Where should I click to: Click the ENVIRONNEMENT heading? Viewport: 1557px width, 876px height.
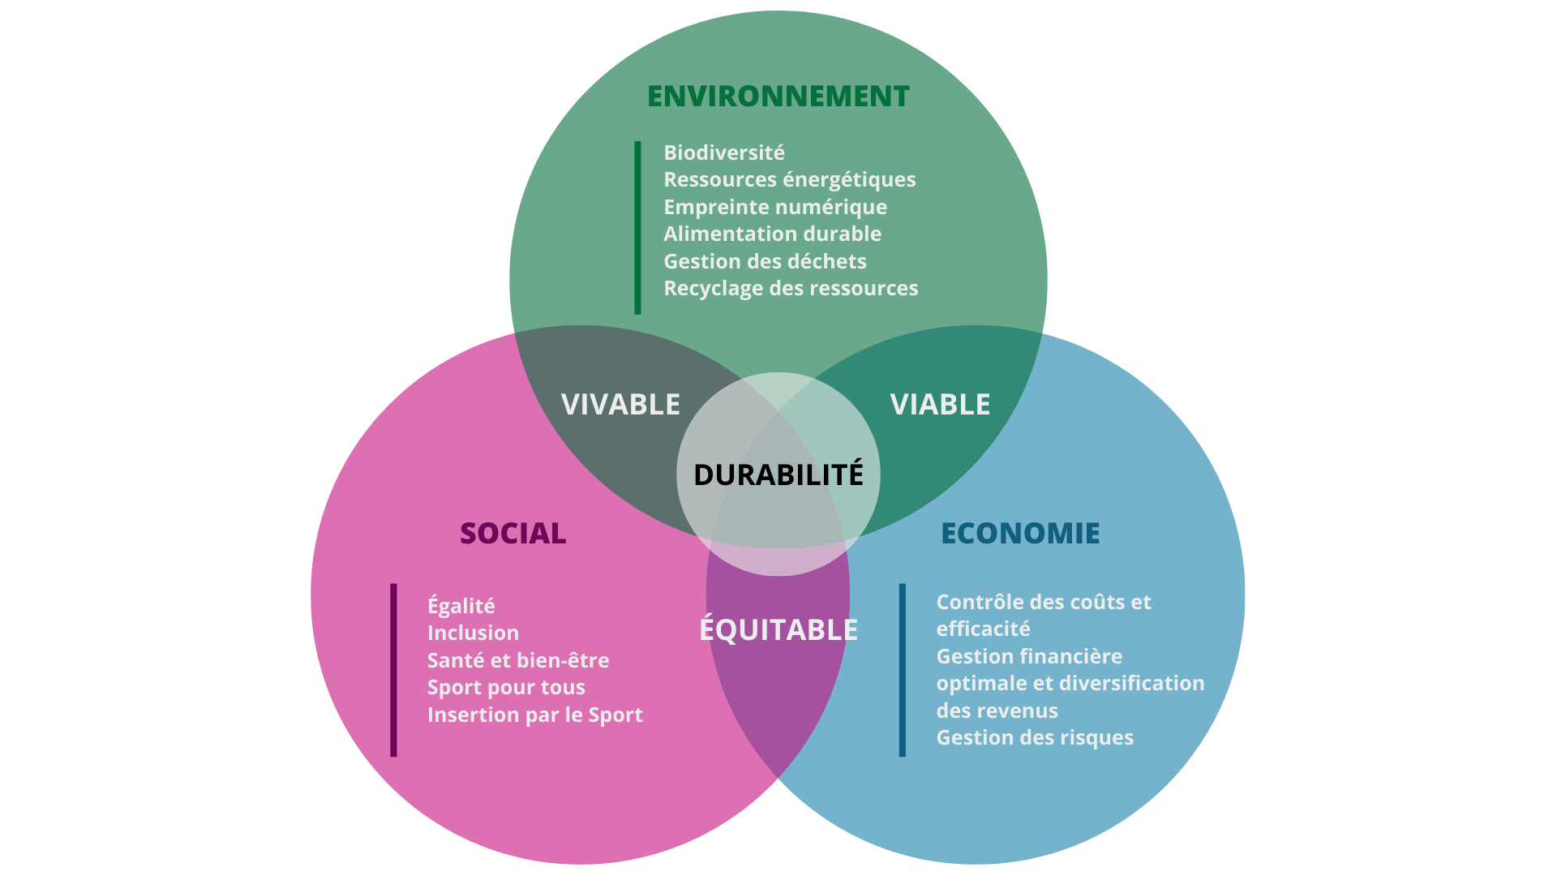(778, 97)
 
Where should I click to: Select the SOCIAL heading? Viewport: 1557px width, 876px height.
(513, 534)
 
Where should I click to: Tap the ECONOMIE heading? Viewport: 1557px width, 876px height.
(1020, 534)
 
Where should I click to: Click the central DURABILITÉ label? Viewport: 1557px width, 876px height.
(778, 475)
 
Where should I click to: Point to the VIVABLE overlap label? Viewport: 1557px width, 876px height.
(620, 405)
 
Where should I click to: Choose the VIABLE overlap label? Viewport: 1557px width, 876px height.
(940, 405)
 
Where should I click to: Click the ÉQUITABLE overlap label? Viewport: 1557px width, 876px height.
(778, 630)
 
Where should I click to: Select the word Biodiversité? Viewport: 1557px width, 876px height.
(724, 153)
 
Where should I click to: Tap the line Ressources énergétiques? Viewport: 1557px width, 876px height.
(789, 180)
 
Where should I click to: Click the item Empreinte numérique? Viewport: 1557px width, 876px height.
(775, 208)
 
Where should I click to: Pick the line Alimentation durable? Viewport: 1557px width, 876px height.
(772, 234)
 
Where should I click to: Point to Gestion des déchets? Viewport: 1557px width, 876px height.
(765, 262)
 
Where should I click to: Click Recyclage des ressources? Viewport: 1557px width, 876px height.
(791, 289)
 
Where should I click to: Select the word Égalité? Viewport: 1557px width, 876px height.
(461, 606)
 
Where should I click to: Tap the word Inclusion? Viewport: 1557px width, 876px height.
(473, 633)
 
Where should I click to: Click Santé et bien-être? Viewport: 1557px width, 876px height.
(517, 661)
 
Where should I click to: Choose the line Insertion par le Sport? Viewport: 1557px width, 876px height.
(534, 715)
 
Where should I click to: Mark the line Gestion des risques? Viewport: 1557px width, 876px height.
(1035, 738)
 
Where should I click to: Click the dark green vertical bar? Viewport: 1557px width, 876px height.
(637, 227)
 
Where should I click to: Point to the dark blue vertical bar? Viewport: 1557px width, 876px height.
(902, 670)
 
